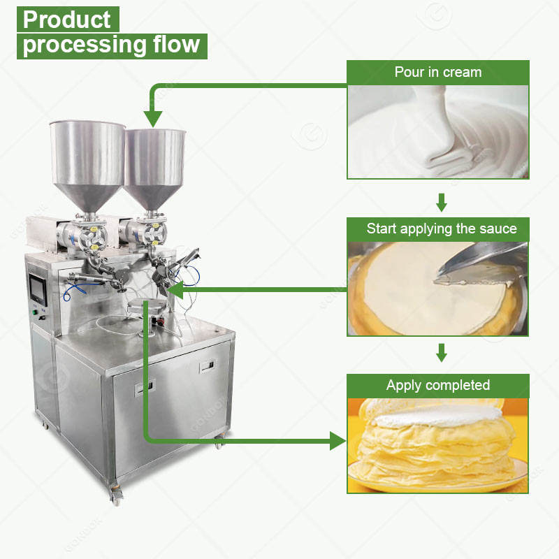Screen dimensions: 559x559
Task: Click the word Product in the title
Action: pos(66,20)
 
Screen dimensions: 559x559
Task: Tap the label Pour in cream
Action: pos(437,72)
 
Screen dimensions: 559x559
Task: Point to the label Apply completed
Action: pos(438,385)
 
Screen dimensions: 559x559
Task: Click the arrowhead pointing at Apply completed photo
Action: pos(337,440)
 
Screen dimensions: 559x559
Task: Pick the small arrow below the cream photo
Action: pos(441,203)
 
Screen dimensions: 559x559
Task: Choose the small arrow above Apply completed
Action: pos(441,353)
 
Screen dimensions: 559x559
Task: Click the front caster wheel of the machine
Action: pos(115,498)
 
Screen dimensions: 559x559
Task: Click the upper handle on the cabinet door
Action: pos(208,366)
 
